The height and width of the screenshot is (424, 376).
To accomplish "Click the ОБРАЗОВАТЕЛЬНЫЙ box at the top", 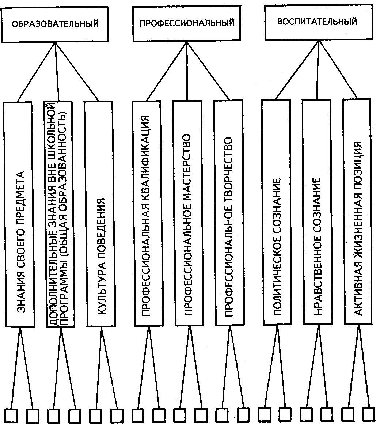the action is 54,24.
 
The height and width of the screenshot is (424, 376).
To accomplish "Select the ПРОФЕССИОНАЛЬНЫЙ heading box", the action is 186,23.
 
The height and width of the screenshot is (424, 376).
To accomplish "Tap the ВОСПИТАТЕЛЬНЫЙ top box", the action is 318,23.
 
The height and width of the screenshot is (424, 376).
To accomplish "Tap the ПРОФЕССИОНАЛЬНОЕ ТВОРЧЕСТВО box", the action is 229,212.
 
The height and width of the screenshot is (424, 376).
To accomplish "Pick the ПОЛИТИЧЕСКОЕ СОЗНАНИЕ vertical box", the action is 277,212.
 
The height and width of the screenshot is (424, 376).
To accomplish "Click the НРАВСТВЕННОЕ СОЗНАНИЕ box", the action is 318,212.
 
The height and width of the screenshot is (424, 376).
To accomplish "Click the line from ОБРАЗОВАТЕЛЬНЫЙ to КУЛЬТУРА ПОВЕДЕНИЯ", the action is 76,71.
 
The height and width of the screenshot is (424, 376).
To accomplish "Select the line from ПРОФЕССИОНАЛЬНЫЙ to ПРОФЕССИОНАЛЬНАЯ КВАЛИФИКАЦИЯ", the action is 167,71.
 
